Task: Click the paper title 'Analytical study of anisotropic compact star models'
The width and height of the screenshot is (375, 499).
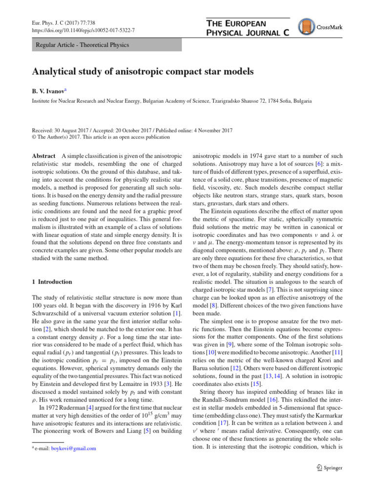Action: pos(143,72)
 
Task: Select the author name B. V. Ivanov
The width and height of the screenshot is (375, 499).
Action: pos(51,91)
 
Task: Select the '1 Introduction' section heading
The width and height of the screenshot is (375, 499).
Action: pos(52,282)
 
